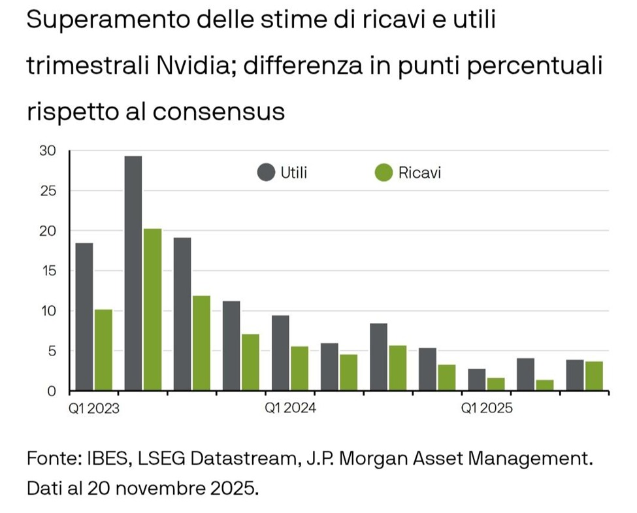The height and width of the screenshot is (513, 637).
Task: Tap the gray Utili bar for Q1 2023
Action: pyautogui.click(x=84, y=317)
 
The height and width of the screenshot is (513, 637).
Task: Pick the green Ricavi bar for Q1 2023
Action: pyautogui.click(x=103, y=350)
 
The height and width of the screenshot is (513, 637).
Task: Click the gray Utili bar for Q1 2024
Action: pyautogui.click(x=280, y=353)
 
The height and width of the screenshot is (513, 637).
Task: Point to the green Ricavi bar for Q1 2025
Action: pyautogui.click(x=496, y=384)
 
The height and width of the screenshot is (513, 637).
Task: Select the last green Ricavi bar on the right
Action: pyautogui.click(x=594, y=376)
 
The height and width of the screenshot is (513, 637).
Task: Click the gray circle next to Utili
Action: pyautogui.click(x=266, y=174)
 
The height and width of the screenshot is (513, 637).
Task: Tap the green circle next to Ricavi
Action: pyautogui.click(x=384, y=174)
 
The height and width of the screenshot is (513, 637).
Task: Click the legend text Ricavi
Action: pyautogui.click(x=419, y=174)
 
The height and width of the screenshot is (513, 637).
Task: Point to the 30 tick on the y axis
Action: pyautogui.click(x=50, y=151)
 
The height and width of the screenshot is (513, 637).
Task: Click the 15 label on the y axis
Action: pyautogui.click(x=50, y=271)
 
